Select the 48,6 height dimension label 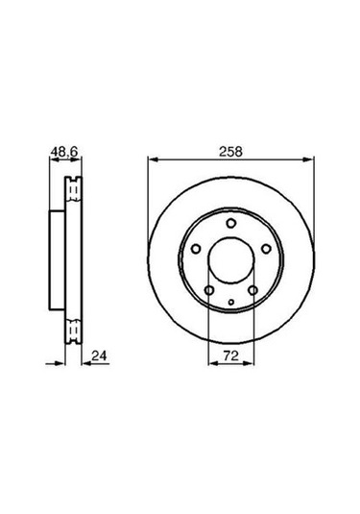tap(63, 152)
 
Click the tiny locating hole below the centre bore tap(231, 302)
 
